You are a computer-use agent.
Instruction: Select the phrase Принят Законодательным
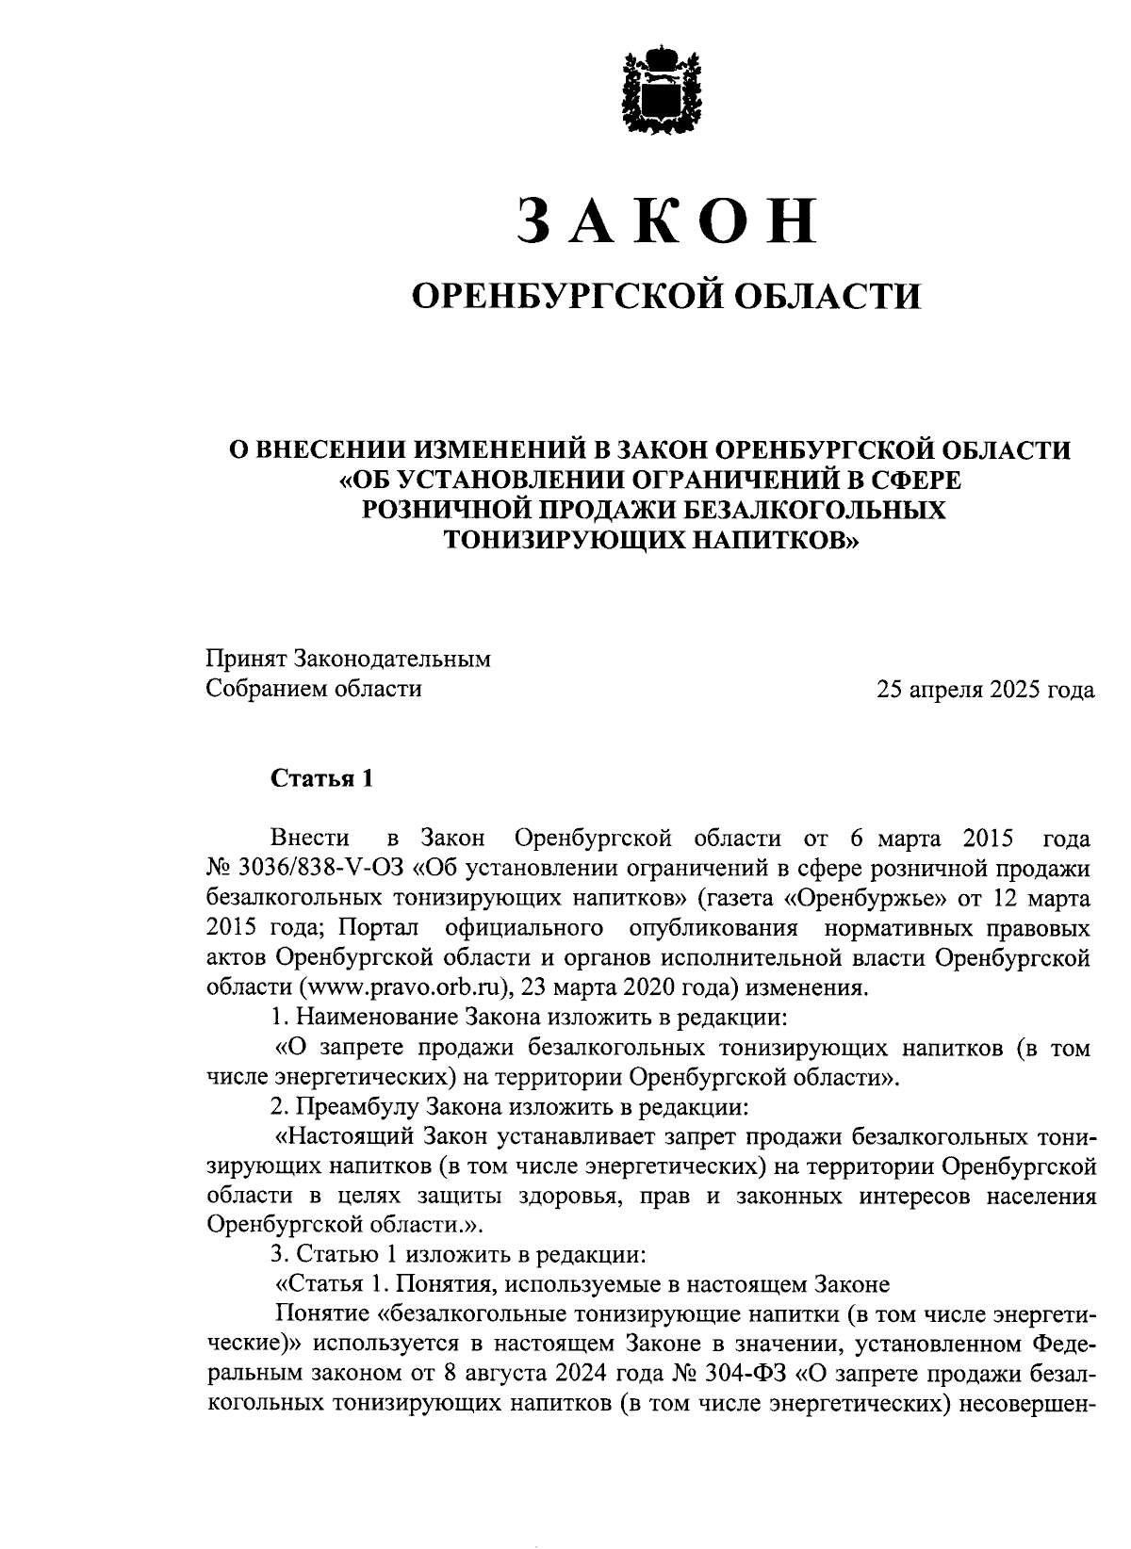pyautogui.click(x=349, y=659)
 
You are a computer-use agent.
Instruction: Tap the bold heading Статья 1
pyautogui.click(x=322, y=778)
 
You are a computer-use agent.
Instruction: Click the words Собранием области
pyautogui.click(x=314, y=689)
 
